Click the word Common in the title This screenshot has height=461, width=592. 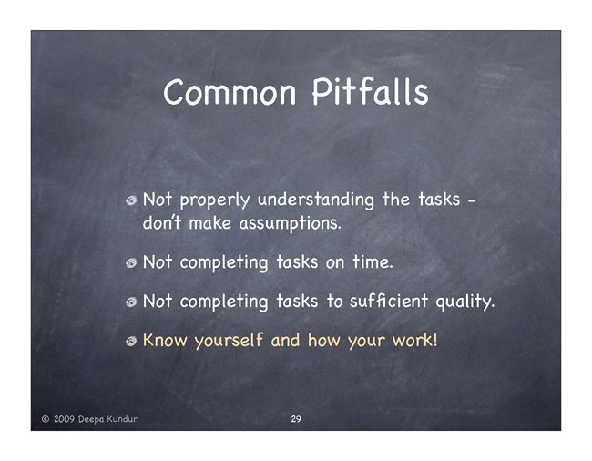230,93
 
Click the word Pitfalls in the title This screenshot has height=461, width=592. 371,91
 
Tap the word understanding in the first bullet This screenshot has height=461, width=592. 316,200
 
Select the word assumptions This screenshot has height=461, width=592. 290,223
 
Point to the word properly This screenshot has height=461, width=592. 214,200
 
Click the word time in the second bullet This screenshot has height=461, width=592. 373,261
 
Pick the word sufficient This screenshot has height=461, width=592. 389,301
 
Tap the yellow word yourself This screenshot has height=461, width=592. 229,341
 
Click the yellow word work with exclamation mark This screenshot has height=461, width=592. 414,340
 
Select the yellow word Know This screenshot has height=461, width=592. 165,340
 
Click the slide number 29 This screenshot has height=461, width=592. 296,419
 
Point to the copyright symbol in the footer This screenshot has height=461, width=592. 46,419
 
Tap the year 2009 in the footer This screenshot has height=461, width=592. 64,419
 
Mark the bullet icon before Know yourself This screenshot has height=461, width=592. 131,342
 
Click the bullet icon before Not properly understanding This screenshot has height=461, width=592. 131,200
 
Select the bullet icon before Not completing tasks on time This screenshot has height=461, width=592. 131,262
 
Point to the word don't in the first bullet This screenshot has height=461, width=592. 162,222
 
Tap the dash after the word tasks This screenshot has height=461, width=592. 472,201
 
